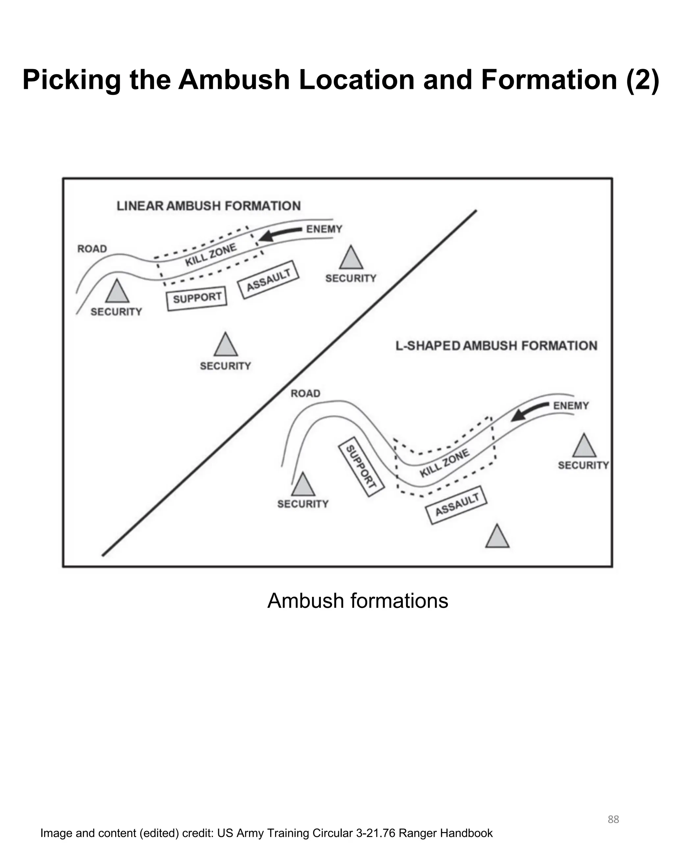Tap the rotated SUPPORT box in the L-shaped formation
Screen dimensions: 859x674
pos(361,467)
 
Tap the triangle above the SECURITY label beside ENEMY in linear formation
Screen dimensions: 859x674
pos(351,259)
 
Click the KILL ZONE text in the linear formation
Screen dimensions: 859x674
pos(211,254)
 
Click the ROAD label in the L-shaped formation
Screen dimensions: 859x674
pos(305,393)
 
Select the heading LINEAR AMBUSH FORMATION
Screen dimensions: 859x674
pos(208,206)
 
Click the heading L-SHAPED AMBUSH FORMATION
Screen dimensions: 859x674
pos(496,346)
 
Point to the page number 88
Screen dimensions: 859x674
pos(613,819)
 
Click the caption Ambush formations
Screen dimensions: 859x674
pos(357,601)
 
